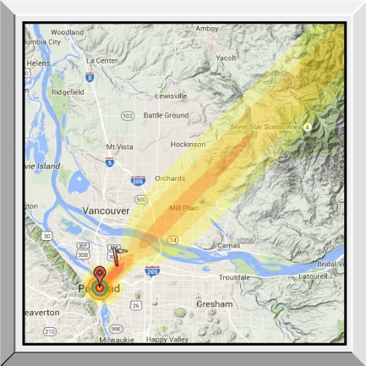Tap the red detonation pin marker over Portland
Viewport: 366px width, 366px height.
[x=101, y=274]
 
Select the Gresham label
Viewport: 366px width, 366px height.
[x=213, y=303]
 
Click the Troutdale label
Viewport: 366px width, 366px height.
[x=235, y=276]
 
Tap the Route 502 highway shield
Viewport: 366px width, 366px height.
[x=128, y=115]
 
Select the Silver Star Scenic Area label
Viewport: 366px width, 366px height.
[x=266, y=127]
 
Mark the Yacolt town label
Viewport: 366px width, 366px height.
[x=226, y=58]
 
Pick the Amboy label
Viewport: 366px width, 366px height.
[x=206, y=28]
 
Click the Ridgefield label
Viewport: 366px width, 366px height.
[x=67, y=91]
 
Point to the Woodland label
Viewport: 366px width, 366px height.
[x=67, y=32]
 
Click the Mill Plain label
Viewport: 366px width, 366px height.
[x=183, y=207]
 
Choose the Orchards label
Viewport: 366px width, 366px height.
[x=170, y=179]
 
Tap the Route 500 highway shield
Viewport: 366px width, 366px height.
[x=141, y=199]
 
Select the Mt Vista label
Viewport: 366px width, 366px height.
[x=120, y=146]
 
